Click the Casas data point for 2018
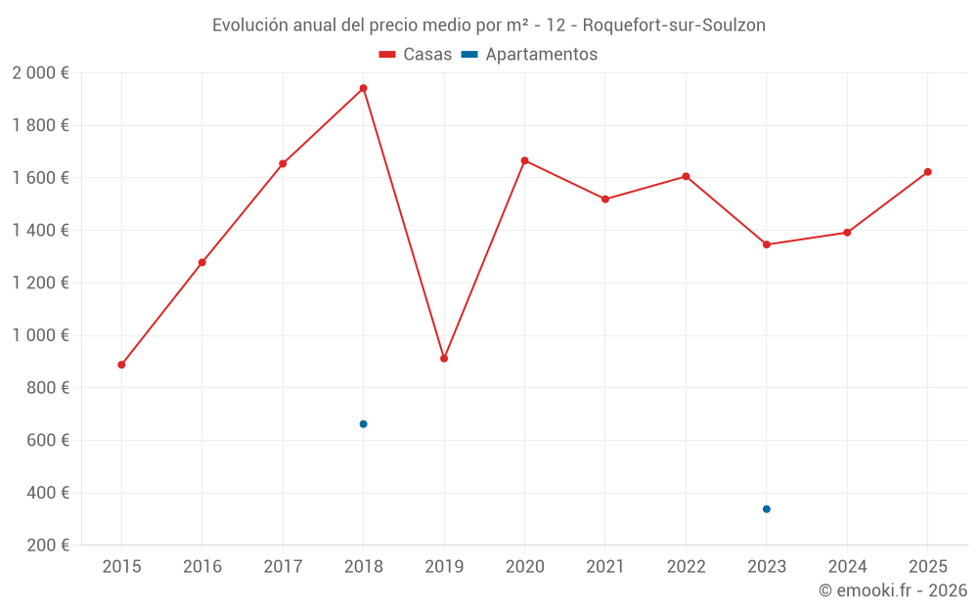(x=363, y=88)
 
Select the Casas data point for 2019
(x=444, y=359)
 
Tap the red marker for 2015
(x=121, y=365)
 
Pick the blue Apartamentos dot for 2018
(x=363, y=424)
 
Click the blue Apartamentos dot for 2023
(x=767, y=509)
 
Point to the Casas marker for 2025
(x=928, y=172)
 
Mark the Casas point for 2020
(x=524, y=160)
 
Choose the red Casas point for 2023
(x=767, y=244)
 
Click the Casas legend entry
(x=416, y=55)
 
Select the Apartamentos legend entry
(x=530, y=55)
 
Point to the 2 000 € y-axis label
(x=40, y=73)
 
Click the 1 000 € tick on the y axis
(x=40, y=335)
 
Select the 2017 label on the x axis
(x=283, y=567)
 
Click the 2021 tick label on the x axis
(x=605, y=567)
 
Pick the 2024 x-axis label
(x=847, y=567)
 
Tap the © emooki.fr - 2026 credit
(x=893, y=590)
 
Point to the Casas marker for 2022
(x=686, y=177)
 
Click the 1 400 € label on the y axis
(x=40, y=231)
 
